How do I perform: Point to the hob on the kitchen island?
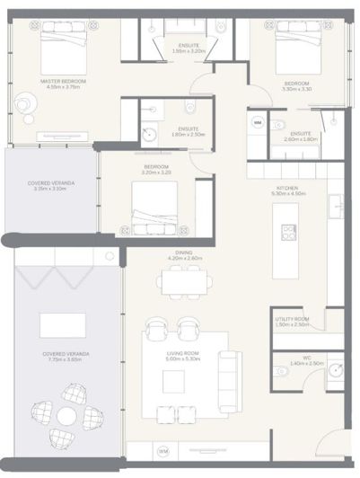[289, 232]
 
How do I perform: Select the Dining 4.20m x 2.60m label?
[183, 255]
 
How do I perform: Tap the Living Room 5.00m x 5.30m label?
[182, 356]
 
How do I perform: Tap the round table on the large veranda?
[66, 416]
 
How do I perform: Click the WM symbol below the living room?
[163, 450]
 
